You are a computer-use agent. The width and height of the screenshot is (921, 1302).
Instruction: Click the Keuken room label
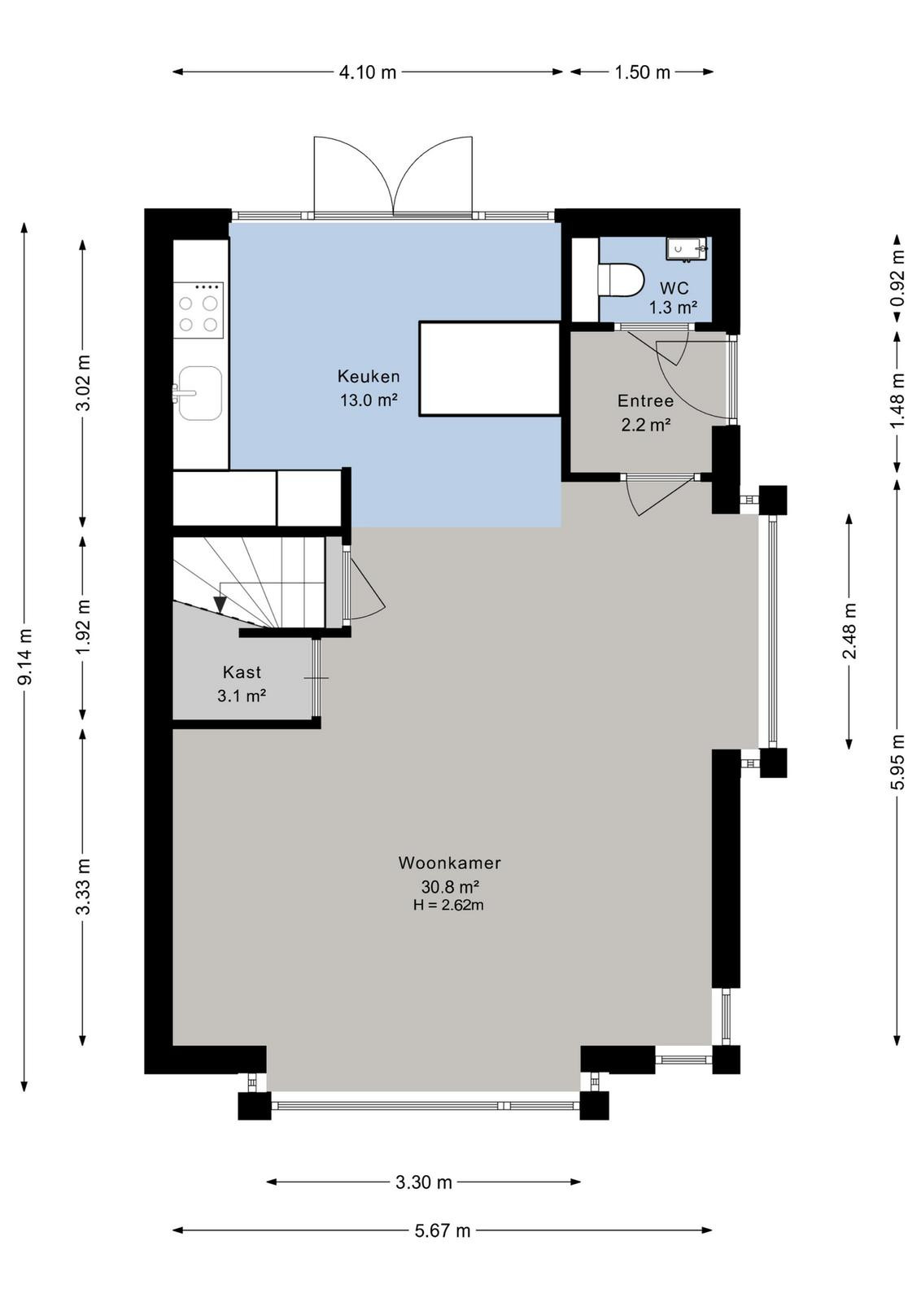[x=369, y=377]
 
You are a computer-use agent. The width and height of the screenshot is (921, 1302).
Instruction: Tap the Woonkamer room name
[x=449, y=863]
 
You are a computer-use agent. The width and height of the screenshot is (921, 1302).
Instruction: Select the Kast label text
[x=242, y=672]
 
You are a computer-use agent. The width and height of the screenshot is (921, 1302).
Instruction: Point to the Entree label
[x=645, y=400]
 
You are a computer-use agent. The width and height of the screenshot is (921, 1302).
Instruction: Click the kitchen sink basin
[x=199, y=393]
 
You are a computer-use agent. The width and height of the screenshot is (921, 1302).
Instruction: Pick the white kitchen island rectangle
[x=489, y=369]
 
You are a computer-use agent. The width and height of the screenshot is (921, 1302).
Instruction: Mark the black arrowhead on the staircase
[x=220, y=605]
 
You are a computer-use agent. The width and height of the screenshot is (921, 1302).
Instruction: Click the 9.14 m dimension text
[x=25, y=656]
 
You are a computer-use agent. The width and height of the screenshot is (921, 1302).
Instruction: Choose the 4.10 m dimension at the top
[x=367, y=72]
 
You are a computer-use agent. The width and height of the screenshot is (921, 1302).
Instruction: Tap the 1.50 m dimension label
[x=642, y=72]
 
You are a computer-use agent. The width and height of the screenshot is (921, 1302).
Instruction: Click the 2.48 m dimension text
[x=849, y=631]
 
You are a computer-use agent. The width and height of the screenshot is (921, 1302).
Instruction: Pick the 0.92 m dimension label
[x=898, y=277]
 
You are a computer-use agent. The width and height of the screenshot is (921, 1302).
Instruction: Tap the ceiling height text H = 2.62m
[x=448, y=904]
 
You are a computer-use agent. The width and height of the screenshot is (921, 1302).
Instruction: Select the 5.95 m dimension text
[x=898, y=762]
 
